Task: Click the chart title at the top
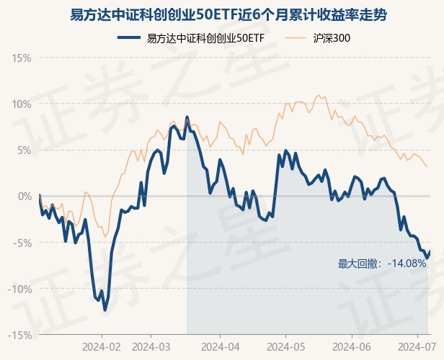[x=222, y=14]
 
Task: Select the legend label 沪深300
[x=333, y=37]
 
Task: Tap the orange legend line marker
[x=296, y=37]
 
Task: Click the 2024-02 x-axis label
[x=102, y=346]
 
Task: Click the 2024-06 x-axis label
[x=352, y=346]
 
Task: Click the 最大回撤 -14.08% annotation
[x=382, y=264]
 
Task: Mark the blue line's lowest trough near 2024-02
[x=105, y=310]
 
